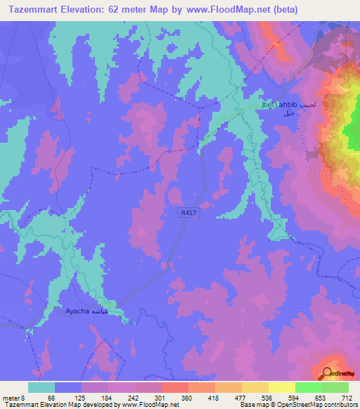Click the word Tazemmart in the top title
coord(33,10)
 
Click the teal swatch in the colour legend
coord(41,387)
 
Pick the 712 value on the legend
coord(345,397)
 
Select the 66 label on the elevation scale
coord(51,397)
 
